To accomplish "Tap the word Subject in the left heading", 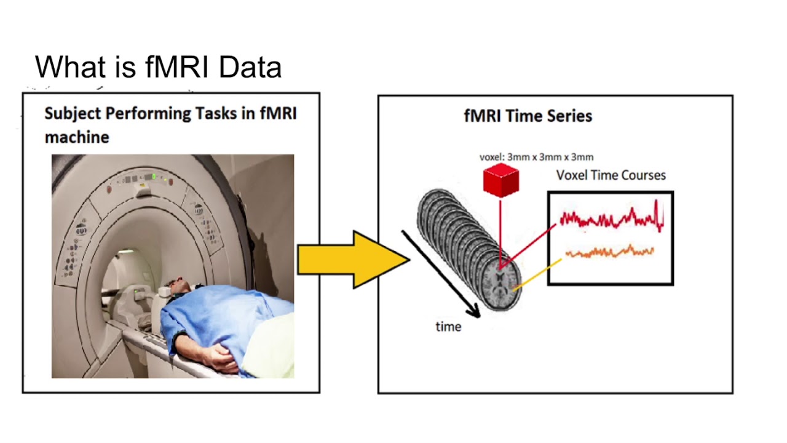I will pos(73,114).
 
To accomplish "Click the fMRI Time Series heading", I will pos(528,116).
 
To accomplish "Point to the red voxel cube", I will pos(501,180).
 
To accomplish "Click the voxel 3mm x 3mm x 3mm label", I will pos(536,157).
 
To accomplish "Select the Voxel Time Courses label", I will pos(611,175).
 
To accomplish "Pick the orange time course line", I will pos(609,251).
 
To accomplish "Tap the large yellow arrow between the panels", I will pos(350,259).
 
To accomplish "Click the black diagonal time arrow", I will pos(440,274).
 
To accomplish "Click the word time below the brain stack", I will pos(448,327).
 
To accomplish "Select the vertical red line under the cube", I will pos(501,231).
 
